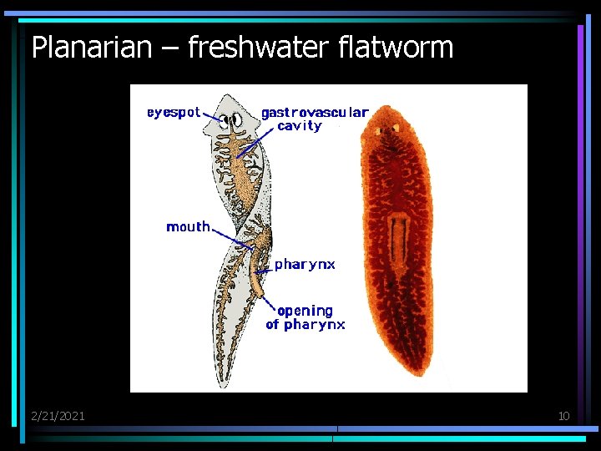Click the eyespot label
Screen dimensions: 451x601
point(174,113)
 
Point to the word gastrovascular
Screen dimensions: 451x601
point(315,112)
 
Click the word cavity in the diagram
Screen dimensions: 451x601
point(299,126)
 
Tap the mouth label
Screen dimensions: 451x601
point(188,226)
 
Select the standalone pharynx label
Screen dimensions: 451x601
point(305,264)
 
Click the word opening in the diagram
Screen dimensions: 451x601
point(305,311)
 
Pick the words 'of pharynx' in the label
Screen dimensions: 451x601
point(305,325)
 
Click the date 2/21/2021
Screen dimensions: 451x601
point(58,415)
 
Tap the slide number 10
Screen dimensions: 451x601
point(563,415)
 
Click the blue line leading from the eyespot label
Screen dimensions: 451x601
point(213,117)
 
